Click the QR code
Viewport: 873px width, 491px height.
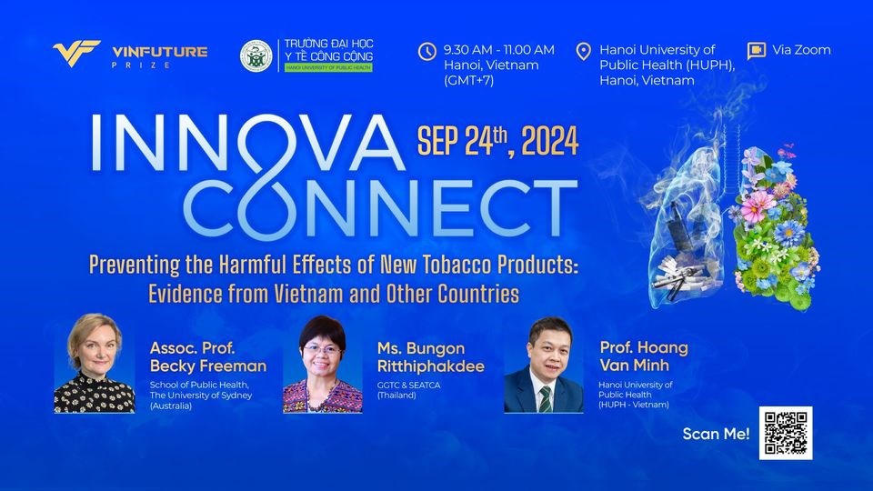click(786, 433)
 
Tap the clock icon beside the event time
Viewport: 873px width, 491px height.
click(427, 51)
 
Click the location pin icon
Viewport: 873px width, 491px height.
click(583, 51)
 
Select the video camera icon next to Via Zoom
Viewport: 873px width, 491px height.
click(756, 51)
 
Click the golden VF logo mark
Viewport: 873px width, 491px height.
click(76, 54)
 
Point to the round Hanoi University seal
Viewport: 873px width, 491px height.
click(256, 55)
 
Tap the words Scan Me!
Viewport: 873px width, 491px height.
click(716, 434)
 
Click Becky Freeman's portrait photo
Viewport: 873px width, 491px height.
click(94, 363)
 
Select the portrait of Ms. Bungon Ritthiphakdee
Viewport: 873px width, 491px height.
click(322, 364)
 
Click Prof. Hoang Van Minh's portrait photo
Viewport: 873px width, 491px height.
click(544, 365)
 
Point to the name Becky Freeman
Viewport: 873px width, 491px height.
click(208, 366)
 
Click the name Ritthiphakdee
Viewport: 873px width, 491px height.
click(431, 366)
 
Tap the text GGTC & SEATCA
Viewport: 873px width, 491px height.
click(408, 386)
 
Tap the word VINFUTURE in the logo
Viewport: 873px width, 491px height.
click(160, 52)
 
